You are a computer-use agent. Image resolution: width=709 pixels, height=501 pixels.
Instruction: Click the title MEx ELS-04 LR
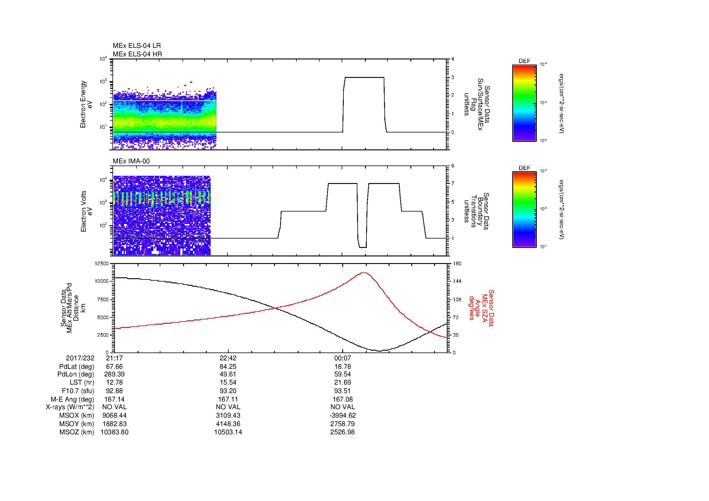tap(136, 46)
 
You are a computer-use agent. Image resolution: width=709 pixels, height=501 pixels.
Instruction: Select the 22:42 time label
tap(228, 358)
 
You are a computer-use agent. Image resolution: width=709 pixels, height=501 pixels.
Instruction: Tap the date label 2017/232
tap(80, 358)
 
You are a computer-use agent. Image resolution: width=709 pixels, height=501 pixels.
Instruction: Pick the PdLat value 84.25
tap(228, 367)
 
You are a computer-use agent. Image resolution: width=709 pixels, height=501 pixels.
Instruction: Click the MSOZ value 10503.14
tap(228, 432)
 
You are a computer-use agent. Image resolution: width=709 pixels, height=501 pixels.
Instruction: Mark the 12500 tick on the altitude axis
tap(102, 264)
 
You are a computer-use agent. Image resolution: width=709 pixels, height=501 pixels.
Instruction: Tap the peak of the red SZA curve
tap(364, 272)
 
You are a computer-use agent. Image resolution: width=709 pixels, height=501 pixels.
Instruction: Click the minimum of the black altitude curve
tap(380, 351)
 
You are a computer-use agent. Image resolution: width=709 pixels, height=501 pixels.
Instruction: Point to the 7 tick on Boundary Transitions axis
tap(453, 184)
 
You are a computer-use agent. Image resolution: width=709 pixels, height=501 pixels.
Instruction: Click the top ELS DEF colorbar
tap(524, 103)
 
